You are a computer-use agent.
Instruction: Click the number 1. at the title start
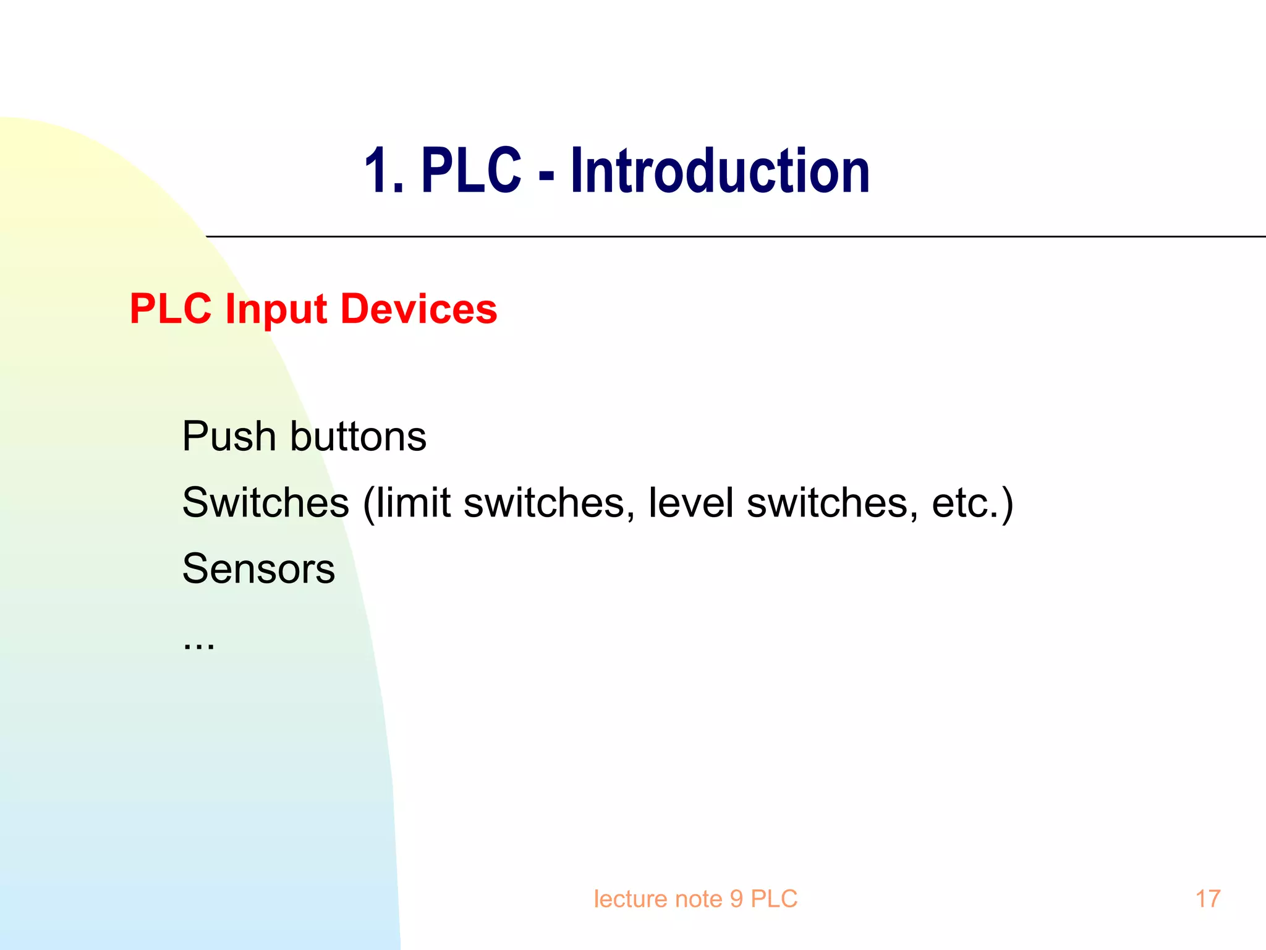pyautogui.click(x=383, y=172)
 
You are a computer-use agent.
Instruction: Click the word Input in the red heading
pyautogui.click(x=276, y=309)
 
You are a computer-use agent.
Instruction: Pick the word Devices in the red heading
pyautogui.click(x=418, y=309)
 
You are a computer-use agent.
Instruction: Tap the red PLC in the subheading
pyautogui.click(x=171, y=309)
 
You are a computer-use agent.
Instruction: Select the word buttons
pyautogui.click(x=358, y=437)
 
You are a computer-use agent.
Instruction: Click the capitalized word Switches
pyautogui.click(x=266, y=502)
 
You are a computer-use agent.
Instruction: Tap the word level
pyautogui.click(x=690, y=502)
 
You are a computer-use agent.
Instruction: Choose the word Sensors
pyautogui.click(x=258, y=568)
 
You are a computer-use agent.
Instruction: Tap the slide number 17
pyautogui.click(x=1207, y=899)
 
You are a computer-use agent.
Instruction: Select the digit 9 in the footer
pyautogui.click(x=736, y=899)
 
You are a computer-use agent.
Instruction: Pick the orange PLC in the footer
pyautogui.click(x=774, y=899)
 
